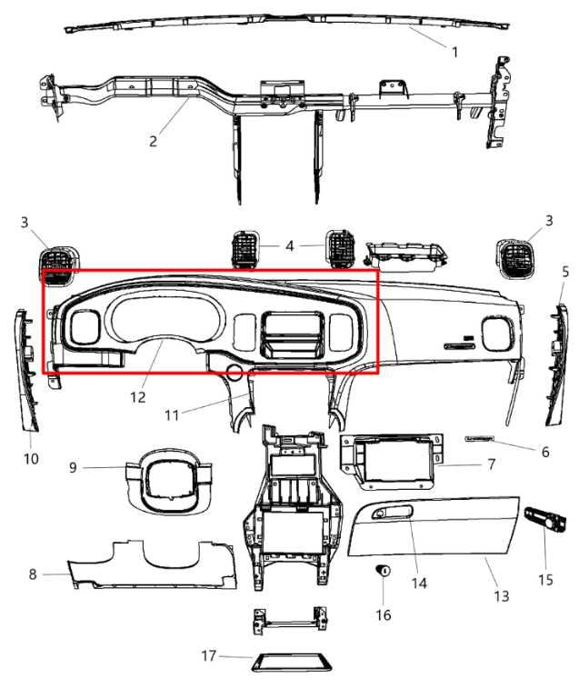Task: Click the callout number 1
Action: tap(454, 53)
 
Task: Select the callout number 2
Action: tap(154, 141)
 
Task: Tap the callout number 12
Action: tap(138, 397)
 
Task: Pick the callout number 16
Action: tap(383, 615)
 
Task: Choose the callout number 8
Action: tap(33, 574)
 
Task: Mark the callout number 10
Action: tap(31, 459)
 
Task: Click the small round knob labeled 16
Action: tap(384, 571)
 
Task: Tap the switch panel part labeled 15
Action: tap(544, 525)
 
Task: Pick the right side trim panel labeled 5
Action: tap(557, 364)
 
